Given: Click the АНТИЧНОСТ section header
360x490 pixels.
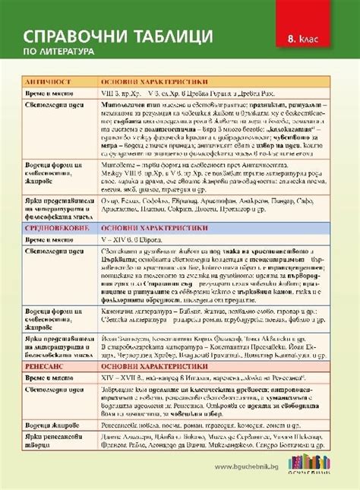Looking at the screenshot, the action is point(49,80).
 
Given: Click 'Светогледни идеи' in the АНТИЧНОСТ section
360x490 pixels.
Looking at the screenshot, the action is point(52,103).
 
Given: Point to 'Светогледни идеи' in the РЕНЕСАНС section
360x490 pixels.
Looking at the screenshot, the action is point(52,390).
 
